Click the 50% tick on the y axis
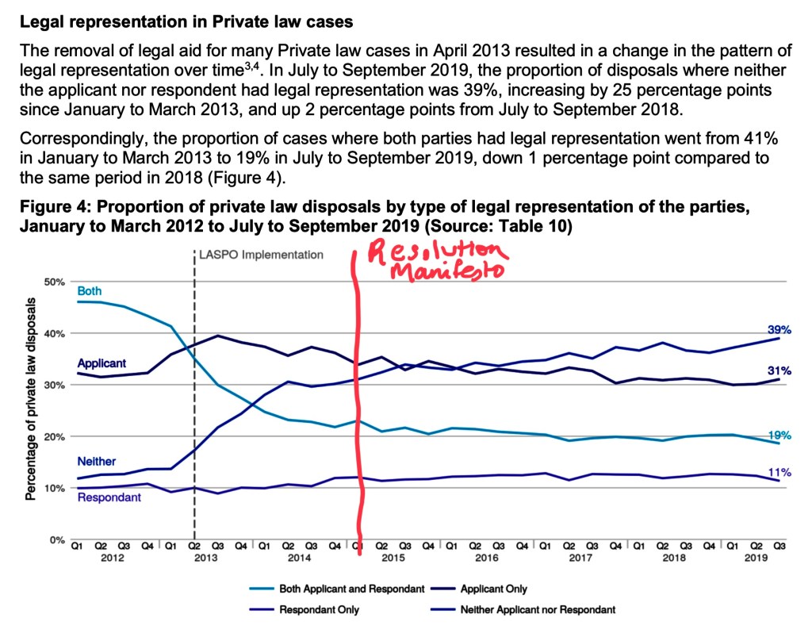click(53, 282)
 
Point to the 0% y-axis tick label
click(56, 539)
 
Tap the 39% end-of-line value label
click(779, 329)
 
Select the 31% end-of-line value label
click(779, 370)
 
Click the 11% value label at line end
click(779, 472)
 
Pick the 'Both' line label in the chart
click(89, 291)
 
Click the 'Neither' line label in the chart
click(96, 461)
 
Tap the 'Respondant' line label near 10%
click(109, 497)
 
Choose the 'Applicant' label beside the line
click(101, 363)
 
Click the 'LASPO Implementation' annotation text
click(262, 255)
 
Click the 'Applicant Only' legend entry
click(493, 589)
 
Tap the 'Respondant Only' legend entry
click(319, 609)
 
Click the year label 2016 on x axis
click(486, 558)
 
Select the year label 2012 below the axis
click(111, 558)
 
